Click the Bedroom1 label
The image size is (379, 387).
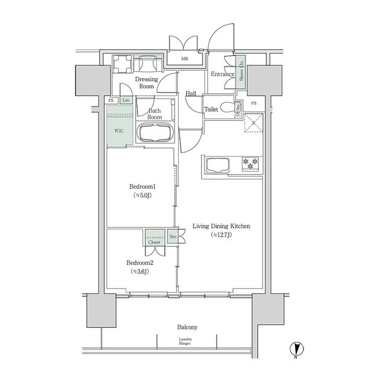(141, 187)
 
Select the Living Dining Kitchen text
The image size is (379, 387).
(221, 226)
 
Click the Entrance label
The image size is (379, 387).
(221, 74)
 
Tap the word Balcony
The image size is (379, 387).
(188, 327)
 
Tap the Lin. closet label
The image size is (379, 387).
(127, 100)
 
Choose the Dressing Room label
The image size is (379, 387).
(146, 83)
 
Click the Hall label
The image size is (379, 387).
(191, 93)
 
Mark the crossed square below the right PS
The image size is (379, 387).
(253, 123)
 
